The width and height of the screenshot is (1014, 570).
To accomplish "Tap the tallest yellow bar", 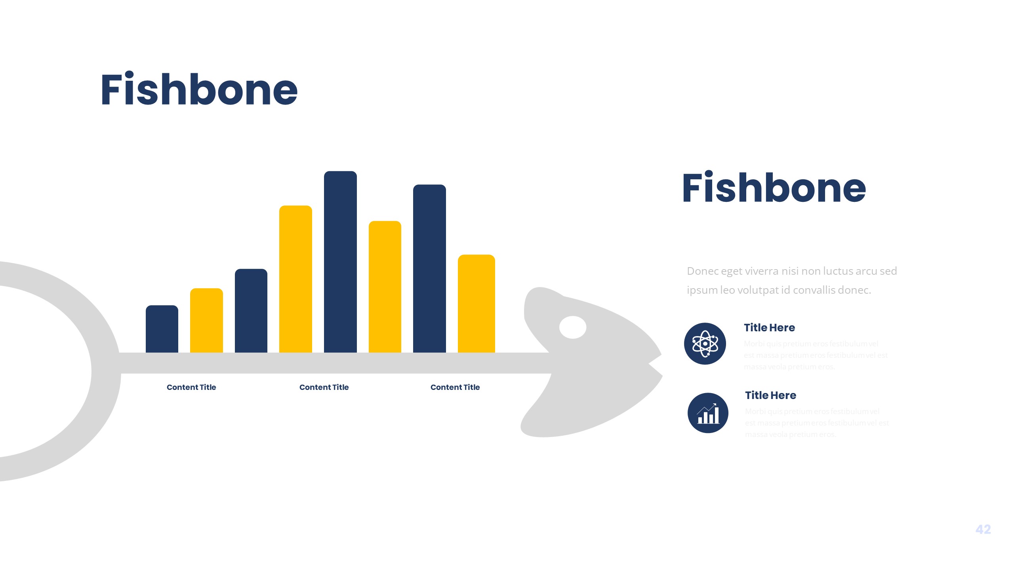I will point(295,279).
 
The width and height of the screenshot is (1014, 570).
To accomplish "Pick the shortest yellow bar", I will point(206,320).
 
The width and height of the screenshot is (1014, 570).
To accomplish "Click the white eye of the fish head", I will point(573,327).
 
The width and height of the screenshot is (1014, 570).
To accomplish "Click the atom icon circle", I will point(705,344).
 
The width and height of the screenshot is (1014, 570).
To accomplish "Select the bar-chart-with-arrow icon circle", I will point(708,413).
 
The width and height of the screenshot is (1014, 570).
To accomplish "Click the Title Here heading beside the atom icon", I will point(769,328).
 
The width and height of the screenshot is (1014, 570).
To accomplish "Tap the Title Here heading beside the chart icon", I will point(770,395).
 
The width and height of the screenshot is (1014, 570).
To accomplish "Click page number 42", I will point(983,529).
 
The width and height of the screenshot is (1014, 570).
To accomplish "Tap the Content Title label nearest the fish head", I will point(455,387).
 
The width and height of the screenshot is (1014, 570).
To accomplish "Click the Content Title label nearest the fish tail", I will point(191,387).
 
